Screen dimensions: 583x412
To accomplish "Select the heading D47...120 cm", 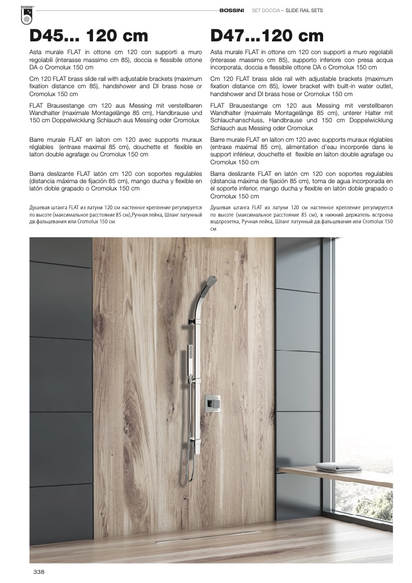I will (x=267, y=37).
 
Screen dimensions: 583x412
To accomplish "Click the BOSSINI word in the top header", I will (x=232, y=10).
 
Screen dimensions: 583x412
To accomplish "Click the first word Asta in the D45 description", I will (x=36, y=54).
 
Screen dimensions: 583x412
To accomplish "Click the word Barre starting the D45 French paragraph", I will (x=37, y=141).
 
